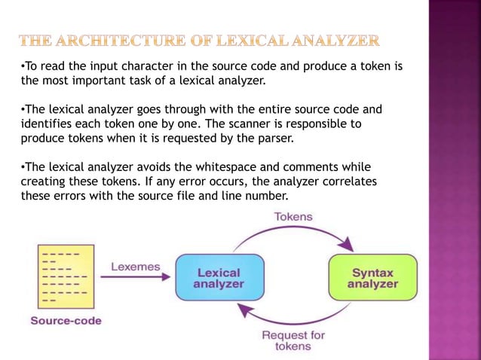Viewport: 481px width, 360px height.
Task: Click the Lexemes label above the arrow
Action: tap(134, 266)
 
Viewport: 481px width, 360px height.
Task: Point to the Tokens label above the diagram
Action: tap(294, 216)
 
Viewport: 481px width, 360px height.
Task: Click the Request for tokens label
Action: tap(294, 341)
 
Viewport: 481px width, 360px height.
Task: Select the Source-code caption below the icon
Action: tap(66, 321)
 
